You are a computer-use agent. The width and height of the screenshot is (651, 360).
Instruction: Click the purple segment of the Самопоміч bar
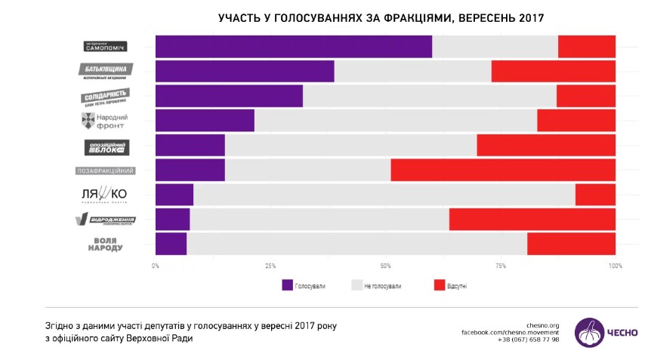[x=293, y=46]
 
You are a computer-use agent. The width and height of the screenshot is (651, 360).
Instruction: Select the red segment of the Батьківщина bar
[x=553, y=71]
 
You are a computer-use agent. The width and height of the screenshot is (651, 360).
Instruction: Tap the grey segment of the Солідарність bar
[x=429, y=96]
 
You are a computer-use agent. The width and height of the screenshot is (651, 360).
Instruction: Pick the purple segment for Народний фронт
[x=205, y=121]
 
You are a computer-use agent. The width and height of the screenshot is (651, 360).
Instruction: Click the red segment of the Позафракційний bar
[x=503, y=171]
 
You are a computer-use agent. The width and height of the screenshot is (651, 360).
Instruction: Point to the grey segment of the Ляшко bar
[x=384, y=195]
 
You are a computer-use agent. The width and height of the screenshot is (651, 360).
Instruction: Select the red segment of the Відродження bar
[x=532, y=220]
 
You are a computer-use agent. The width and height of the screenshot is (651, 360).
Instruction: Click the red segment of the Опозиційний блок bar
[x=545, y=146]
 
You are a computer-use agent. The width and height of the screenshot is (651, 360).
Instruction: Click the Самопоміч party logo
[x=106, y=46]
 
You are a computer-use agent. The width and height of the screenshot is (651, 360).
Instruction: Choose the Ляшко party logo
[x=104, y=195]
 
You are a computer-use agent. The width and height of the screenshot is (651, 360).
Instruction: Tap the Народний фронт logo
[x=104, y=121]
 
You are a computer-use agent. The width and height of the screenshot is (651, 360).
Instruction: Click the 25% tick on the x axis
[x=270, y=266]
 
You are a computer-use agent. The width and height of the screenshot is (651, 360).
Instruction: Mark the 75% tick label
[x=500, y=266]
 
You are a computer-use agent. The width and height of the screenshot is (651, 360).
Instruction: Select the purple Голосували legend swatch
[x=287, y=286]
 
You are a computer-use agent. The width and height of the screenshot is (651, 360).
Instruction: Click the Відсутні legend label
[x=458, y=286]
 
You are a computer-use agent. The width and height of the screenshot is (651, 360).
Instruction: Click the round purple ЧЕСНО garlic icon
[x=589, y=332]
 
